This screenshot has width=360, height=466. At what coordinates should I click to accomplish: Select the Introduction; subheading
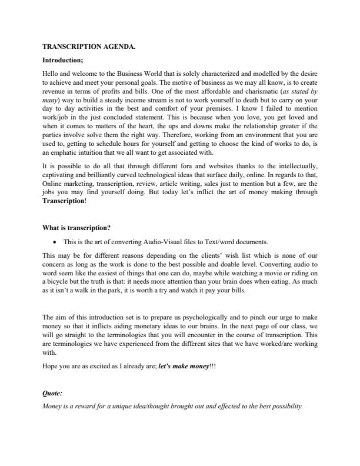pyautogui.click(x=63, y=60)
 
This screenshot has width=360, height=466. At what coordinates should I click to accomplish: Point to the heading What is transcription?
pyautogui.click(x=77, y=228)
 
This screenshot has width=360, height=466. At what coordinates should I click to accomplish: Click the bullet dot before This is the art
pyautogui.click(x=55, y=241)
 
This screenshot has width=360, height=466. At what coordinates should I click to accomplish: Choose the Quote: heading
pyautogui.click(x=52, y=393)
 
